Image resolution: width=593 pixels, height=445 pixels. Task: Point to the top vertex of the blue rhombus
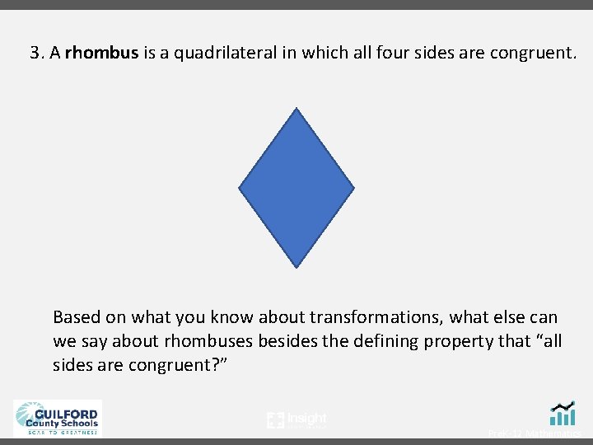tap(296, 109)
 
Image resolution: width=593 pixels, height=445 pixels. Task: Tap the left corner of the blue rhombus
tap(240, 188)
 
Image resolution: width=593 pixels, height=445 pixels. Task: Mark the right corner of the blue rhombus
tap(353, 188)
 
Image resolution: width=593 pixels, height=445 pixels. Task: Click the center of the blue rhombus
tap(296, 188)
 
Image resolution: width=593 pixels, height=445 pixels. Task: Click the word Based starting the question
tap(75, 317)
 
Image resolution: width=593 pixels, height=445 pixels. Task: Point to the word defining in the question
tap(387, 341)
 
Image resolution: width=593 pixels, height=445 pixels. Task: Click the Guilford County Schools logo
tap(57, 417)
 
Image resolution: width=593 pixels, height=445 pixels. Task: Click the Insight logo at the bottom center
tap(296, 420)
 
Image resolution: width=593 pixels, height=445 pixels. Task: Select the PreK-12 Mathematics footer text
tap(535, 433)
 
